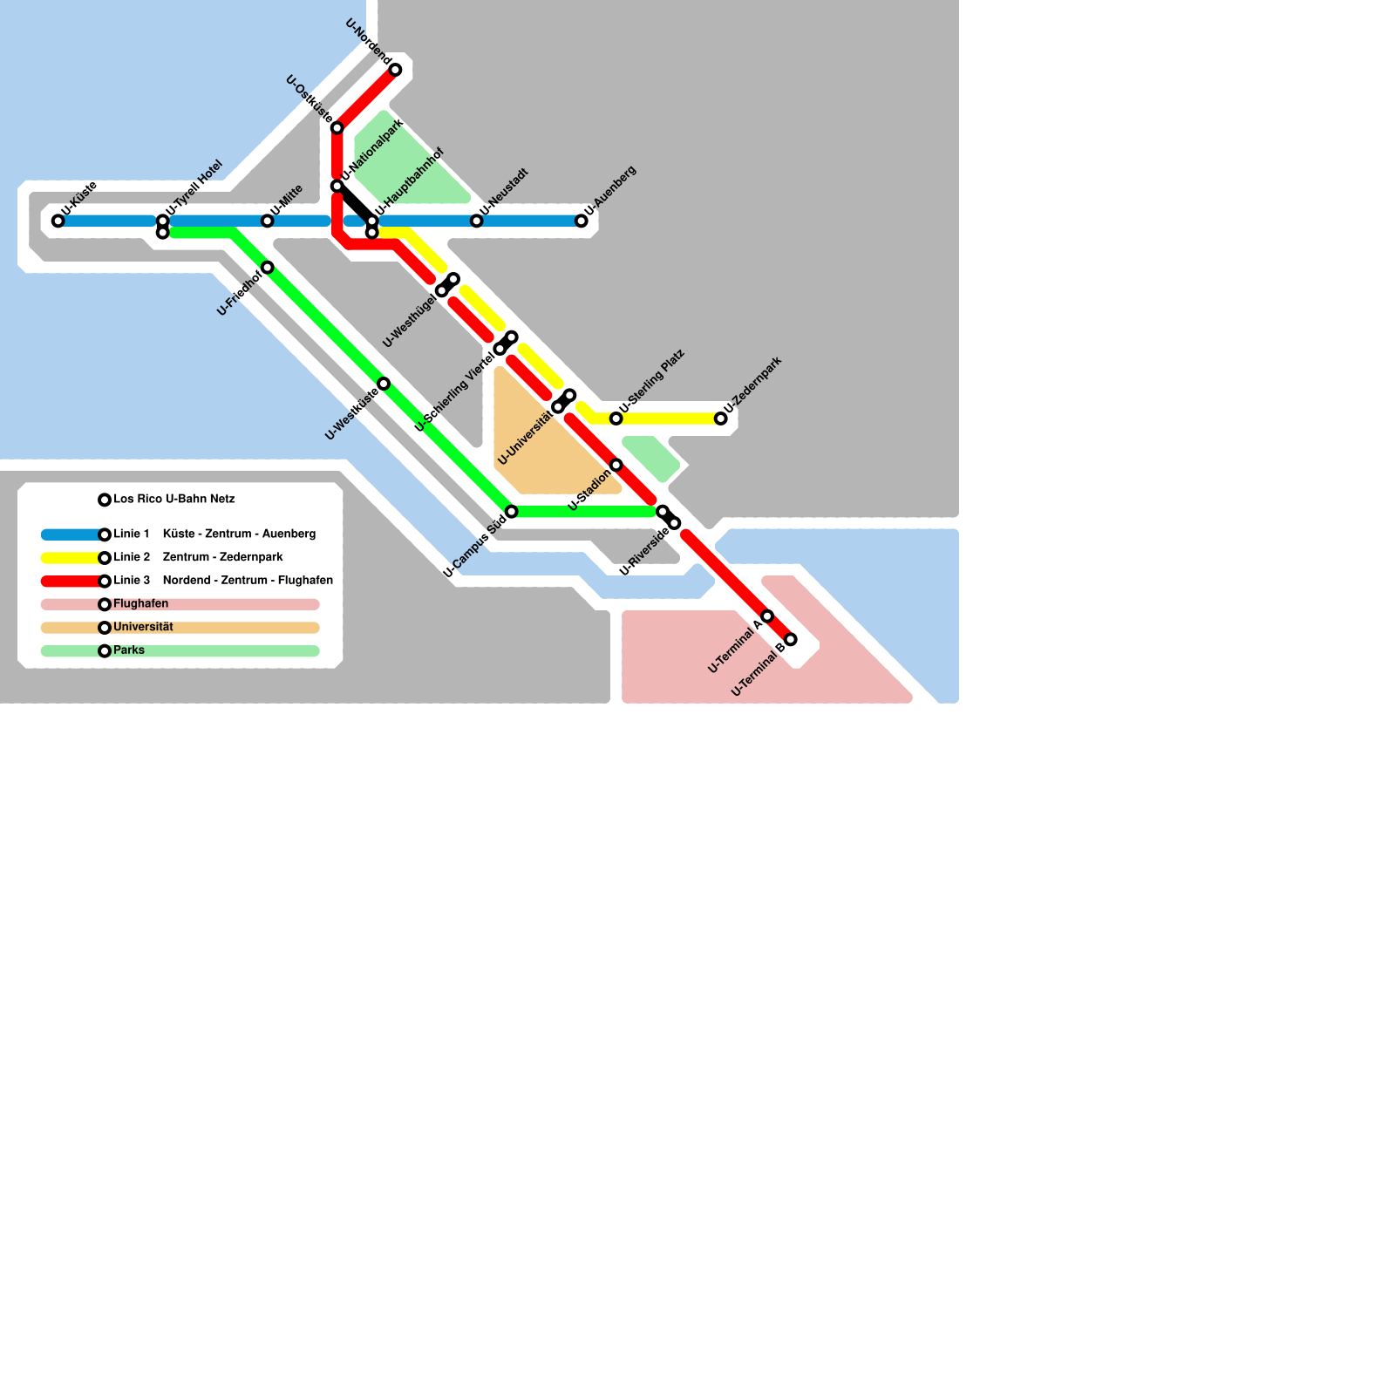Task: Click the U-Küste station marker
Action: (58, 221)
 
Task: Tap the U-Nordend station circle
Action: (395, 70)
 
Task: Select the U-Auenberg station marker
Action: (582, 221)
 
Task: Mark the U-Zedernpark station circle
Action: (721, 418)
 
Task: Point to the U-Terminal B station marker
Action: (791, 639)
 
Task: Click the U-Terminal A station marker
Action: (767, 616)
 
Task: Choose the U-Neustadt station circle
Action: (477, 221)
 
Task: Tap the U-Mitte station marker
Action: (268, 221)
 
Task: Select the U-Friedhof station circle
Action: (268, 267)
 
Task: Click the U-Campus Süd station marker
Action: (512, 511)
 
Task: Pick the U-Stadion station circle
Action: (616, 465)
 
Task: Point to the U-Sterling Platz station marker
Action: (616, 418)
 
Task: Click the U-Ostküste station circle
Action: (337, 128)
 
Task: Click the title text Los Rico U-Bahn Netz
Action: (174, 499)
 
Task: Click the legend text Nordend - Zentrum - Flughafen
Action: (248, 581)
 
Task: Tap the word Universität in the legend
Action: (143, 627)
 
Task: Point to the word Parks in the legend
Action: (129, 650)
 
